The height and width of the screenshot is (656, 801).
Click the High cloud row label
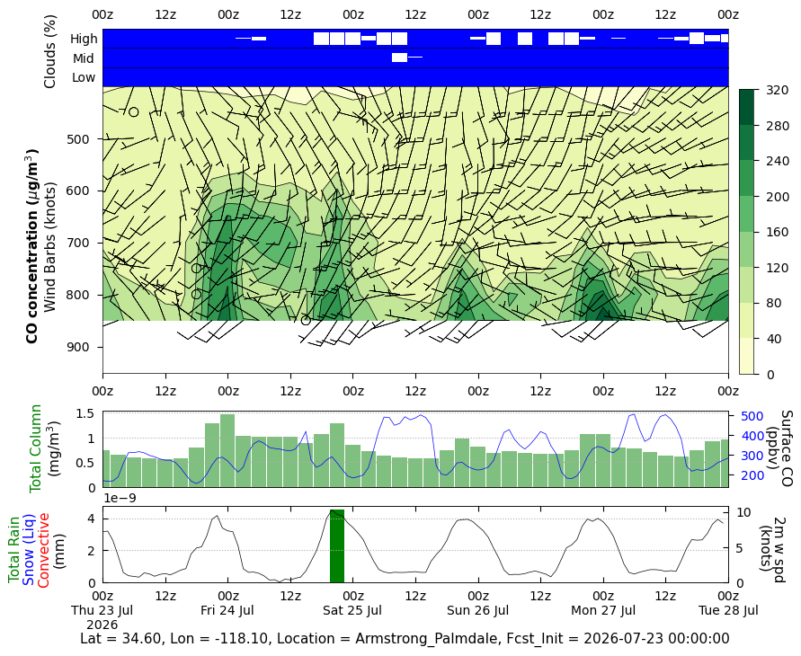pos(84,39)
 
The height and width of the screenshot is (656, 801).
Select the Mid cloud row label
pos(84,58)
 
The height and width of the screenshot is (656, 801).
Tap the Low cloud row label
pos(84,77)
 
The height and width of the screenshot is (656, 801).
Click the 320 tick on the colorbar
pos(778,91)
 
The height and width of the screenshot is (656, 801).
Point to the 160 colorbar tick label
pos(778,232)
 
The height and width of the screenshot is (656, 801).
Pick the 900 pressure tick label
pos(77,347)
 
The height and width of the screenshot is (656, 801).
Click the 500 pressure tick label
pos(77,139)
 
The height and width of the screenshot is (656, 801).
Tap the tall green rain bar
pos(337,545)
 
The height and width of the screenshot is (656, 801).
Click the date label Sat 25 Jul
pos(352,610)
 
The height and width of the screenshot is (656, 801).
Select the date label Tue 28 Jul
pos(728,610)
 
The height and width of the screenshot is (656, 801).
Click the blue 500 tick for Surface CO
pos(752,416)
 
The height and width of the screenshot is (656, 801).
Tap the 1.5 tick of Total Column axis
pos(85,413)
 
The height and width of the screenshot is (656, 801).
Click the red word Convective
pos(43,550)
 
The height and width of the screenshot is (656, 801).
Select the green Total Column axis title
pos(35,448)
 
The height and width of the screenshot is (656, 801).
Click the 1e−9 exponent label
pos(120,498)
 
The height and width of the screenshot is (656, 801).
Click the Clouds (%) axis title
pos(49,51)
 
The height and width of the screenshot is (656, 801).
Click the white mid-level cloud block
pos(399,58)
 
